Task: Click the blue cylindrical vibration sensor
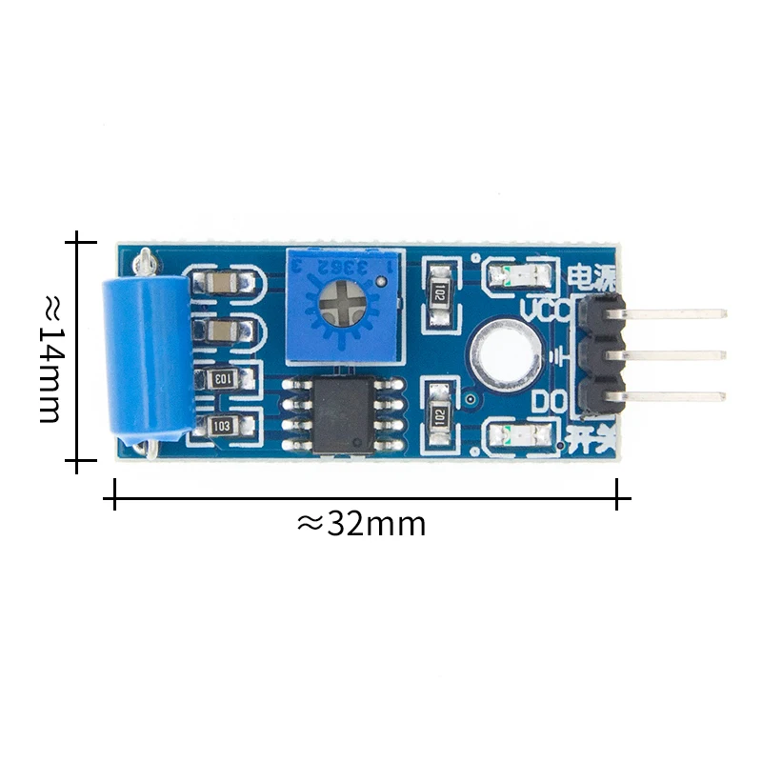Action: (147, 353)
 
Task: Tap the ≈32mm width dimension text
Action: (362, 523)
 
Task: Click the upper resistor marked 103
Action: (221, 378)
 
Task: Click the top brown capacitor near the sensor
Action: (221, 283)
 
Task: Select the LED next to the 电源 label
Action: (518, 277)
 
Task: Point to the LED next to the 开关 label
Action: (518, 435)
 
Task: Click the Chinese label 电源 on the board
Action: (591, 277)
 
